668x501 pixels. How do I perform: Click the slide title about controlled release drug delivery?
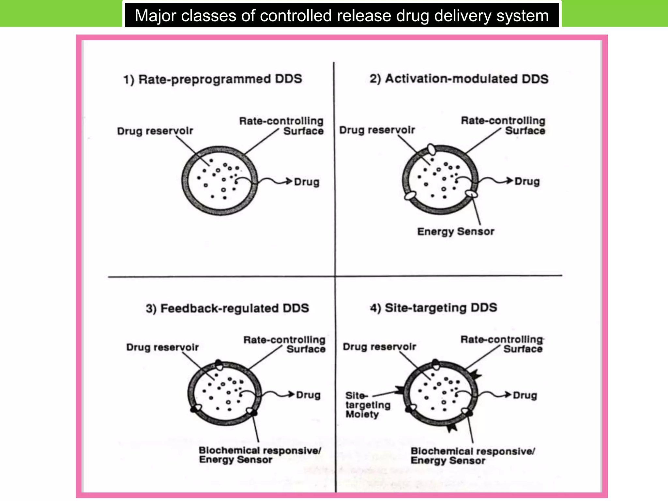click(x=342, y=15)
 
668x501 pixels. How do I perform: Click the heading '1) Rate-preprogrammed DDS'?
click(x=213, y=79)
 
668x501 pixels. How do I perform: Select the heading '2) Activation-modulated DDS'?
click(x=459, y=79)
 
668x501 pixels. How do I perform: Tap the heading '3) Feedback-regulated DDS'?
click(x=227, y=308)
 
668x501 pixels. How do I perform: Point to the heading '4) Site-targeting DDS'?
click(x=433, y=308)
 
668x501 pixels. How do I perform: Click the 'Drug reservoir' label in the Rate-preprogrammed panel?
click(x=155, y=131)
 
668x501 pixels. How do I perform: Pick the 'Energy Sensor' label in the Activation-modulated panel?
click(x=456, y=232)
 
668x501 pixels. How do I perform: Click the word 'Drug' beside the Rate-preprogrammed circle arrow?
click(x=307, y=182)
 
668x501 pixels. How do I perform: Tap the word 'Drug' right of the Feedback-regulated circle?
click(x=308, y=395)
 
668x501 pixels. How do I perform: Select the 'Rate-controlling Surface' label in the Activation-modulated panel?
click(x=503, y=126)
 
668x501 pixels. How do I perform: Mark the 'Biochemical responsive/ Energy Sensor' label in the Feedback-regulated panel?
click(x=260, y=455)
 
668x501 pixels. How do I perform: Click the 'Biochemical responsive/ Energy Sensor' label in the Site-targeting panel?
click(x=472, y=456)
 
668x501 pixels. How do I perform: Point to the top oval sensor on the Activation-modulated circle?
click(x=431, y=149)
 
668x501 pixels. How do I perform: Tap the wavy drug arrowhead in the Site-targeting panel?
click(x=508, y=395)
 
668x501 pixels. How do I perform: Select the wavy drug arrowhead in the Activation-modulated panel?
click(x=509, y=180)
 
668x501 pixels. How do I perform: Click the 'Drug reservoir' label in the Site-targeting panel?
click(x=379, y=347)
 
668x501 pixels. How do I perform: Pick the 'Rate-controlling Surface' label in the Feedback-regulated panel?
click(x=284, y=344)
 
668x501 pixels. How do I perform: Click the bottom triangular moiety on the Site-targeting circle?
click(x=452, y=428)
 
